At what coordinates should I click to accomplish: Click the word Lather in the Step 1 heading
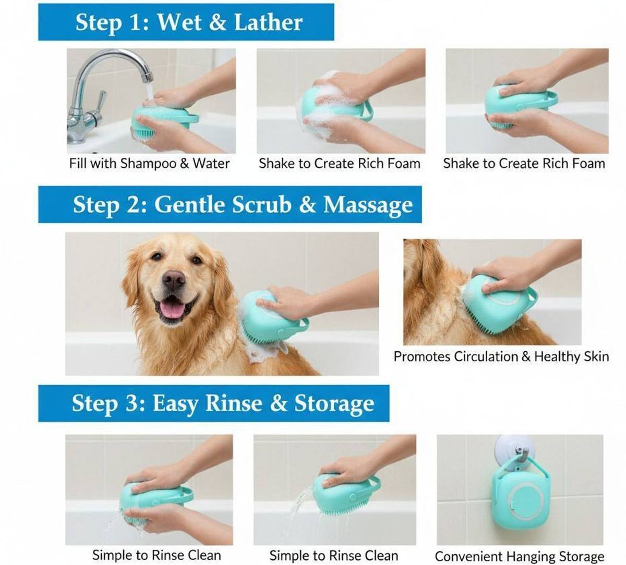[x=268, y=22]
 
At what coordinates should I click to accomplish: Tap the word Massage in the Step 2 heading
[x=368, y=206]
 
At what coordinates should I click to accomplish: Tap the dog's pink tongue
[x=174, y=309]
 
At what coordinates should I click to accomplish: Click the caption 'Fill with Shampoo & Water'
[x=149, y=163]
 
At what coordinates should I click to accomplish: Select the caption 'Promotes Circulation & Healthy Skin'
[x=501, y=357]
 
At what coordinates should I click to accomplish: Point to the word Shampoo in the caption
[x=148, y=164]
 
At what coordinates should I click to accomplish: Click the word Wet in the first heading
[x=182, y=22]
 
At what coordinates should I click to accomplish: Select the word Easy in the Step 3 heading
[x=176, y=404]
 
